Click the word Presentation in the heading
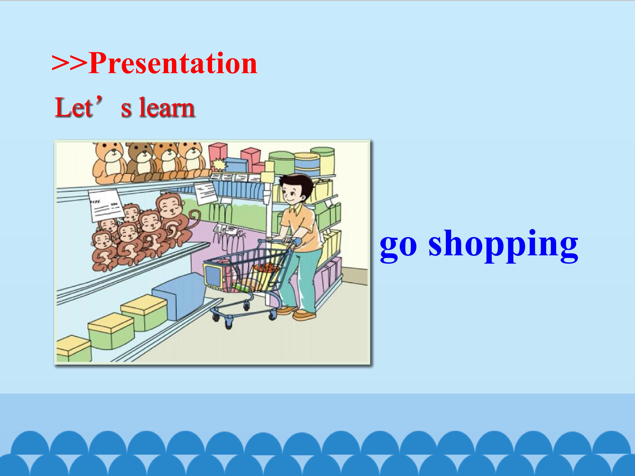[173, 63]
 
